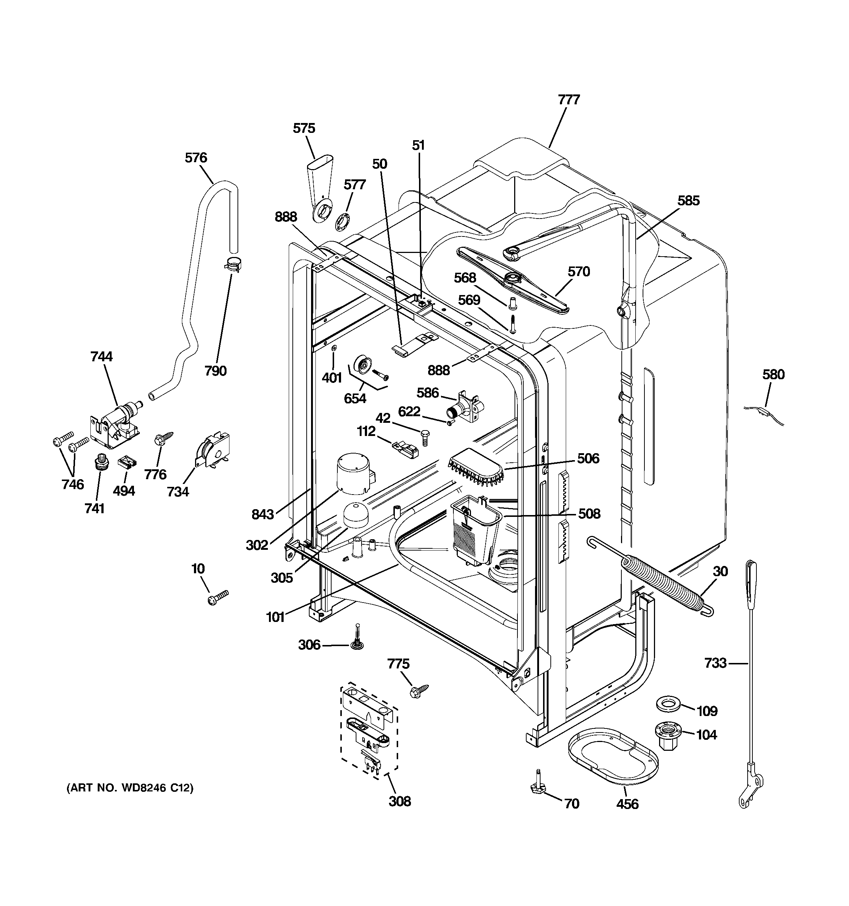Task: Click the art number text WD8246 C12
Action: click(130, 788)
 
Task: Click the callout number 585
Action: click(688, 201)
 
